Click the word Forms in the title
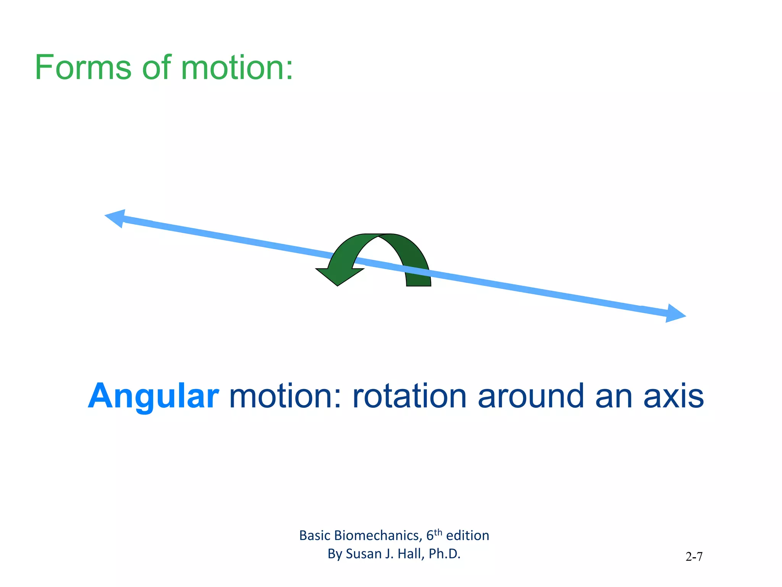click(83, 68)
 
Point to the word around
click(531, 397)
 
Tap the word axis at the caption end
click(674, 397)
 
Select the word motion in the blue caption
click(284, 397)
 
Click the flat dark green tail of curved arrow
click(418, 282)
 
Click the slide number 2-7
click(694, 557)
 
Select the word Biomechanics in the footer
click(378, 536)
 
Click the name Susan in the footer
click(363, 554)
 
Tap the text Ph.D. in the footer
click(444, 554)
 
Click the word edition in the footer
click(467, 536)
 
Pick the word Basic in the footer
click(315, 536)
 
